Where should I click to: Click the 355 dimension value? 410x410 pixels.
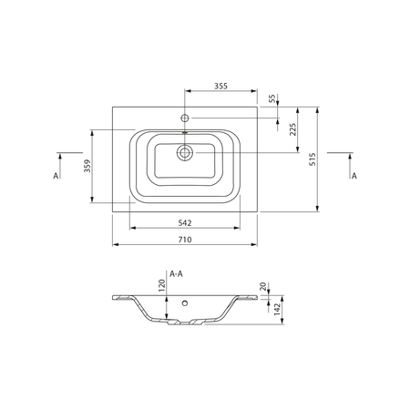tap(220, 86)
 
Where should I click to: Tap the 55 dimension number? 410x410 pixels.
tap(272, 98)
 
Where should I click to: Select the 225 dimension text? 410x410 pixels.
tap(292, 129)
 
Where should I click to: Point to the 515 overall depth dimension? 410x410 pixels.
tap(313, 159)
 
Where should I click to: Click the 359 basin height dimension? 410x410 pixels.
tap(87, 166)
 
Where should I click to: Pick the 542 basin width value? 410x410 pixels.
tap(185, 223)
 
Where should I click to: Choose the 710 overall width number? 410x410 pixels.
tap(185, 240)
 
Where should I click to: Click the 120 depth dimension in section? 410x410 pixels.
tap(162, 285)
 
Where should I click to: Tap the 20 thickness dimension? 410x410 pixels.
tap(263, 286)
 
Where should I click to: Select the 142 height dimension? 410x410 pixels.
tap(277, 309)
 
